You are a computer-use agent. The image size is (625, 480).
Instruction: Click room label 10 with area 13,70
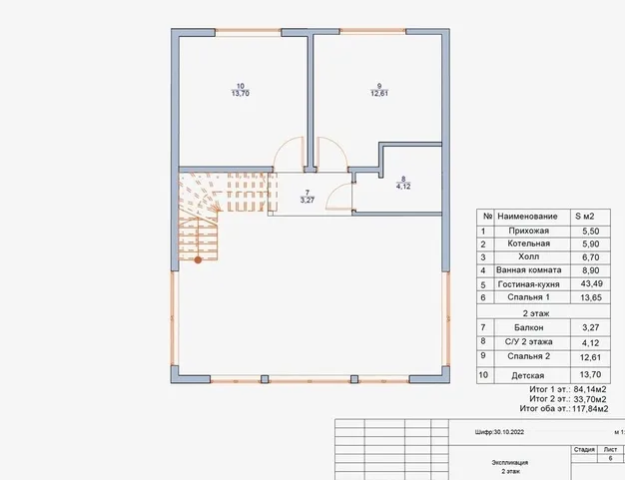click(241, 90)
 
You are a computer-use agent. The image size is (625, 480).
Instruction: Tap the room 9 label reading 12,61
click(379, 90)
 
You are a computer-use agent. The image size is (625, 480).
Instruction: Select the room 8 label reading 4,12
click(403, 183)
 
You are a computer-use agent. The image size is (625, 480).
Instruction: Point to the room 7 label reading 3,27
click(308, 197)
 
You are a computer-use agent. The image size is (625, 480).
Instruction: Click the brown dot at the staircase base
click(198, 260)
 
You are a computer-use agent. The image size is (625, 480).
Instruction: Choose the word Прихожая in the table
click(528, 232)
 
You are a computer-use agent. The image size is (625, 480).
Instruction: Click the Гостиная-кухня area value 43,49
click(591, 283)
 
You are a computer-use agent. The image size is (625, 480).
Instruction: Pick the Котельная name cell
click(528, 243)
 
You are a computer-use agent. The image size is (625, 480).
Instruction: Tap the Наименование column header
click(527, 217)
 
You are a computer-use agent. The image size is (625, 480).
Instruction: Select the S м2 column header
click(585, 217)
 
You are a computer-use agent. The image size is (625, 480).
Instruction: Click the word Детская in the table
click(528, 375)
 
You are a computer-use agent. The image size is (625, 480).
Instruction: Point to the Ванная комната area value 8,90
click(591, 270)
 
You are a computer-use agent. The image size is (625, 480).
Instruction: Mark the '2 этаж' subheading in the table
click(536, 313)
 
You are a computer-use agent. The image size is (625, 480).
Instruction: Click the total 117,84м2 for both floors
click(590, 409)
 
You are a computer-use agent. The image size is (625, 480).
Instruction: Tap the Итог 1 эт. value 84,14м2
click(590, 389)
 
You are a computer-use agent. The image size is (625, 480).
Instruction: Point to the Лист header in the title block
click(610, 449)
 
